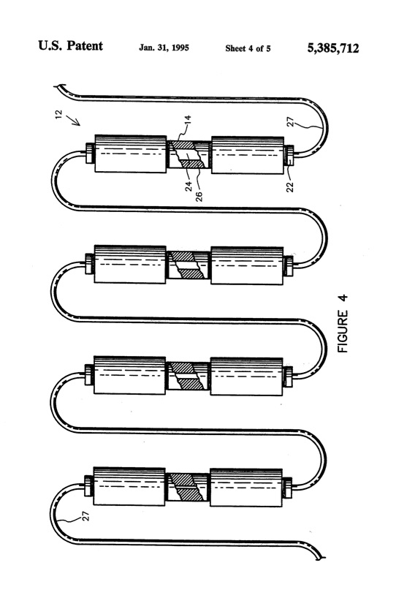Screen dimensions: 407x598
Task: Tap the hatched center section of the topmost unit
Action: [x=189, y=154]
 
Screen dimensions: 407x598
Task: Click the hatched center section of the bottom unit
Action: [x=189, y=487]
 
